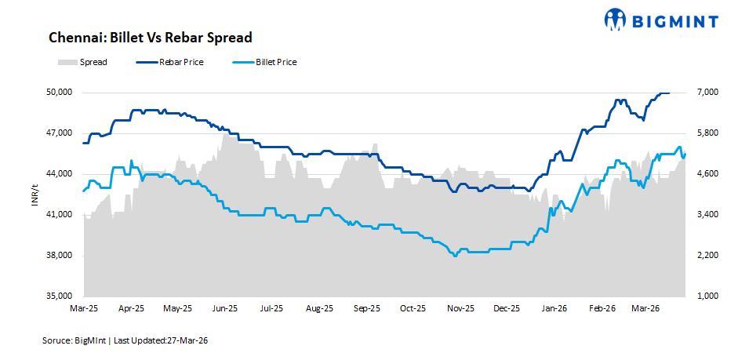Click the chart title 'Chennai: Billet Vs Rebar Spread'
(x=150, y=38)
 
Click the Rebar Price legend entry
(x=170, y=62)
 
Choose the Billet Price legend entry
(x=264, y=62)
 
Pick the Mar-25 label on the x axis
(x=83, y=309)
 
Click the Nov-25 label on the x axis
(x=460, y=309)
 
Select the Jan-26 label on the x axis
(x=554, y=309)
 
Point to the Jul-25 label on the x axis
(x=271, y=309)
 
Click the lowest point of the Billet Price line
(x=454, y=256)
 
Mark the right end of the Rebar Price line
(x=669, y=93)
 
